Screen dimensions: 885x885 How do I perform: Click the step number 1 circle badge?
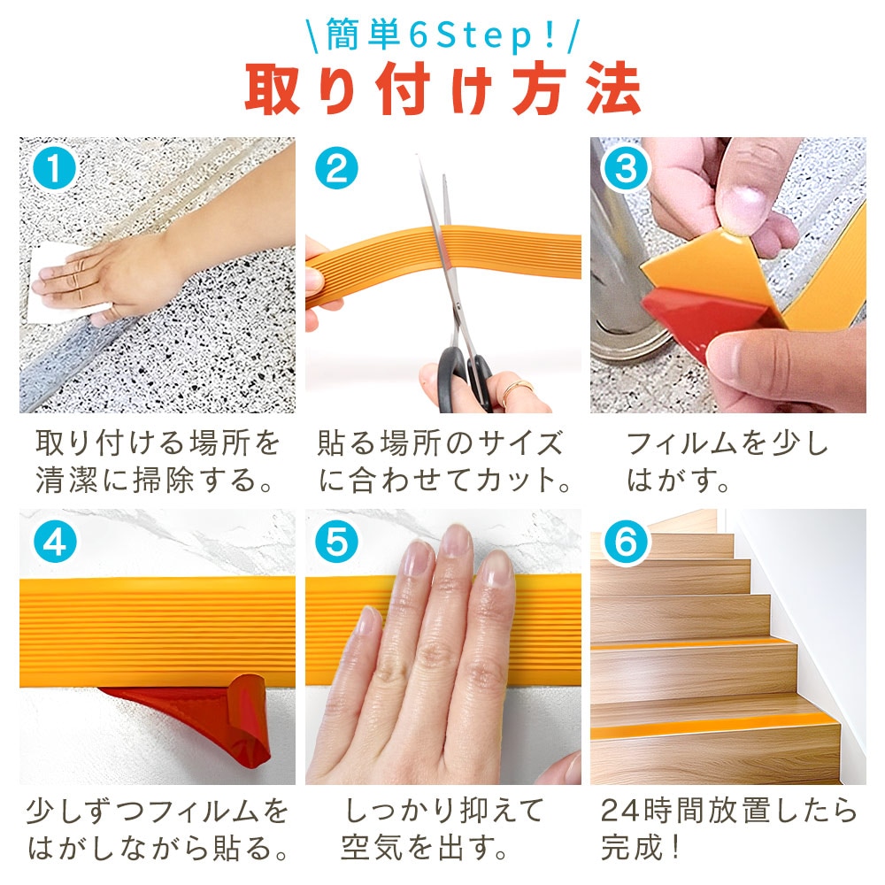(54, 168)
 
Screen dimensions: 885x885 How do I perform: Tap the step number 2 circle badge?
(336, 168)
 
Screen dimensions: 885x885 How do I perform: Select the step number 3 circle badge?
(626, 168)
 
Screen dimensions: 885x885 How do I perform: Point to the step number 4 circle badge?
(54, 542)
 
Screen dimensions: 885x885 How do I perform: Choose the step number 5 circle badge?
(336, 542)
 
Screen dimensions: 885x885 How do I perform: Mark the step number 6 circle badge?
(626, 542)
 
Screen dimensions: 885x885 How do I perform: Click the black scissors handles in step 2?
(464, 375)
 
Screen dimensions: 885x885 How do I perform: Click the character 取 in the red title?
(272, 89)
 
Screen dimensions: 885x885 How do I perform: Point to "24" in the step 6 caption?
(619, 811)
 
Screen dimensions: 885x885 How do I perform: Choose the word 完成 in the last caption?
(632, 847)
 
